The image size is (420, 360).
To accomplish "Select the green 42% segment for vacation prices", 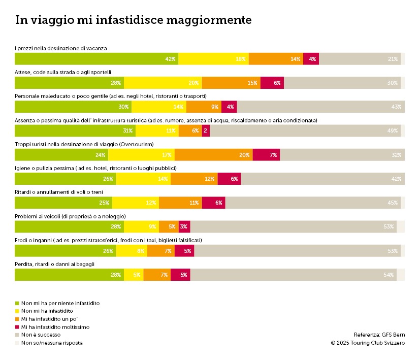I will [x=96, y=59].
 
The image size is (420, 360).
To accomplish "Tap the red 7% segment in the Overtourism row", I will [x=266, y=155].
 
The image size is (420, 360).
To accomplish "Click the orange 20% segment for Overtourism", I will [x=213, y=155].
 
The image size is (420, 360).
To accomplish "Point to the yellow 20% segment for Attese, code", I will [x=163, y=83].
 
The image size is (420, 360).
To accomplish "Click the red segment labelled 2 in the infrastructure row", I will [x=205, y=131].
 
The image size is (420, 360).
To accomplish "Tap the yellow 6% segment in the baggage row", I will [x=134, y=275].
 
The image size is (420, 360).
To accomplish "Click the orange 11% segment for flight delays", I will [x=180, y=203].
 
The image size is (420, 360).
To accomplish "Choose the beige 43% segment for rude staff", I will [x=320, y=107].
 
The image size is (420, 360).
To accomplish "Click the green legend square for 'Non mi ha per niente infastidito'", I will [x=17, y=303].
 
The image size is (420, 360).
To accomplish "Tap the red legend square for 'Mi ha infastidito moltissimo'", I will [x=17, y=327].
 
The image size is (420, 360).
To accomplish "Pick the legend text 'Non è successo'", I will [x=41, y=335].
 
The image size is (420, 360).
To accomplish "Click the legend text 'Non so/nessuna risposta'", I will [x=52, y=343].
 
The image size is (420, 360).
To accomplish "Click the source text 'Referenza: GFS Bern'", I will [x=379, y=335].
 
